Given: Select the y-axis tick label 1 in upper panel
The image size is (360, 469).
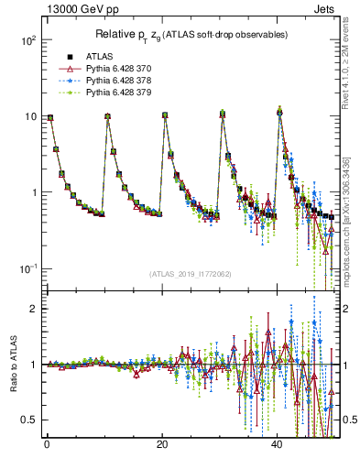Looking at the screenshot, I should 32,193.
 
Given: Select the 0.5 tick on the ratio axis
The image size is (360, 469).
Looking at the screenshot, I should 27,420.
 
